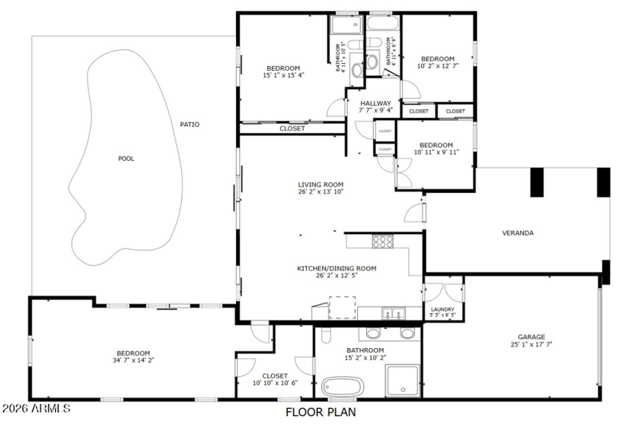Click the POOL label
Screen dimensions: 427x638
[126, 159]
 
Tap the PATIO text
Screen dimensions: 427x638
[189, 124]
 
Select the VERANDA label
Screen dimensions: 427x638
[518, 233]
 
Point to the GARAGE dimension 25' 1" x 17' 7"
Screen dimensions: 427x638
[530, 345]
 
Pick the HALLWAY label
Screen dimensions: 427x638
[375, 103]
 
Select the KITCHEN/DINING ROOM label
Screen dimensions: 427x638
[331, 268]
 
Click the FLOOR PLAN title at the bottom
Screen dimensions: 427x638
[321, 412]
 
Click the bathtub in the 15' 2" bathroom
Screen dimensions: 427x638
[343, 386]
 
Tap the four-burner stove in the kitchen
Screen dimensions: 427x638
[384, 241]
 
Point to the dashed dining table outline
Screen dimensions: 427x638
[342, 307]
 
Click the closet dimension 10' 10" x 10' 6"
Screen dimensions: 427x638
[274, 383]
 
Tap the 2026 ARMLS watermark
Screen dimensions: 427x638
[36, 409]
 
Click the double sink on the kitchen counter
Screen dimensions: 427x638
[391, 312]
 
